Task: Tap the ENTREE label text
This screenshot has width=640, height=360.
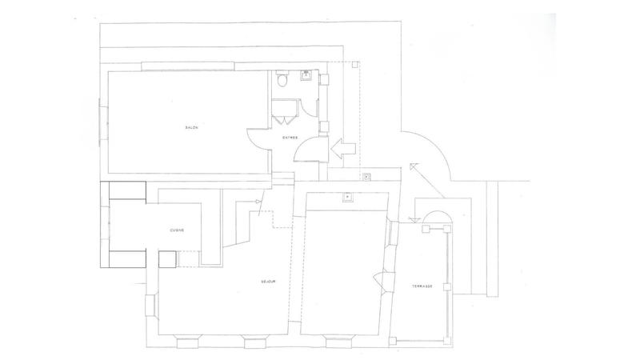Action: (290, 138)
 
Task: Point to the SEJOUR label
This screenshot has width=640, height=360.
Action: (269, 282)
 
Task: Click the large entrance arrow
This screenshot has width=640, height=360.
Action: (344, 146)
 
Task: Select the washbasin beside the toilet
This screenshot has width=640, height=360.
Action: (306, 77)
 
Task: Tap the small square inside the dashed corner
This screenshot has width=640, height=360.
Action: (366, 176)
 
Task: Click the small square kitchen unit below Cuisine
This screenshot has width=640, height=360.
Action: (167, 258)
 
